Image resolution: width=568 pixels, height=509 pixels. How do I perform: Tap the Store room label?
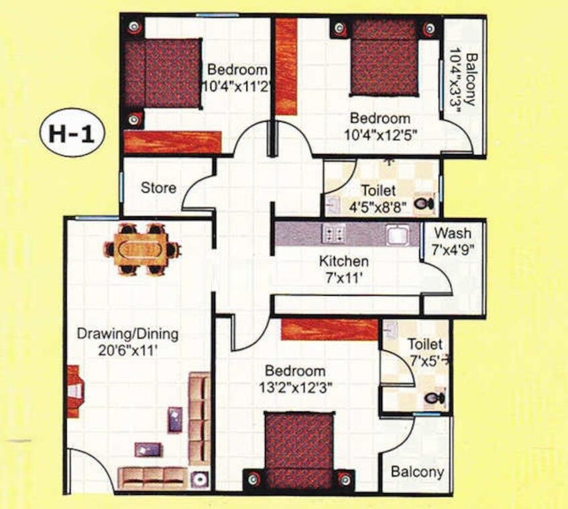pos(158,188)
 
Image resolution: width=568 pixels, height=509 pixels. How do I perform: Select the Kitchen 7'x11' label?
pos(343,268)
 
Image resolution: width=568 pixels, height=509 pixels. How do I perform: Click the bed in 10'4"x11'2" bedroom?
pos(163,73)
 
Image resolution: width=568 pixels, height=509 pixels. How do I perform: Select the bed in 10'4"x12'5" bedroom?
pos(385,57)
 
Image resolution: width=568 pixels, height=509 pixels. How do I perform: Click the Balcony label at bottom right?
pos(417,471)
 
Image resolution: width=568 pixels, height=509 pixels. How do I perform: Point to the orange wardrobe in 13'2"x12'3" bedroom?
pos(329,329)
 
